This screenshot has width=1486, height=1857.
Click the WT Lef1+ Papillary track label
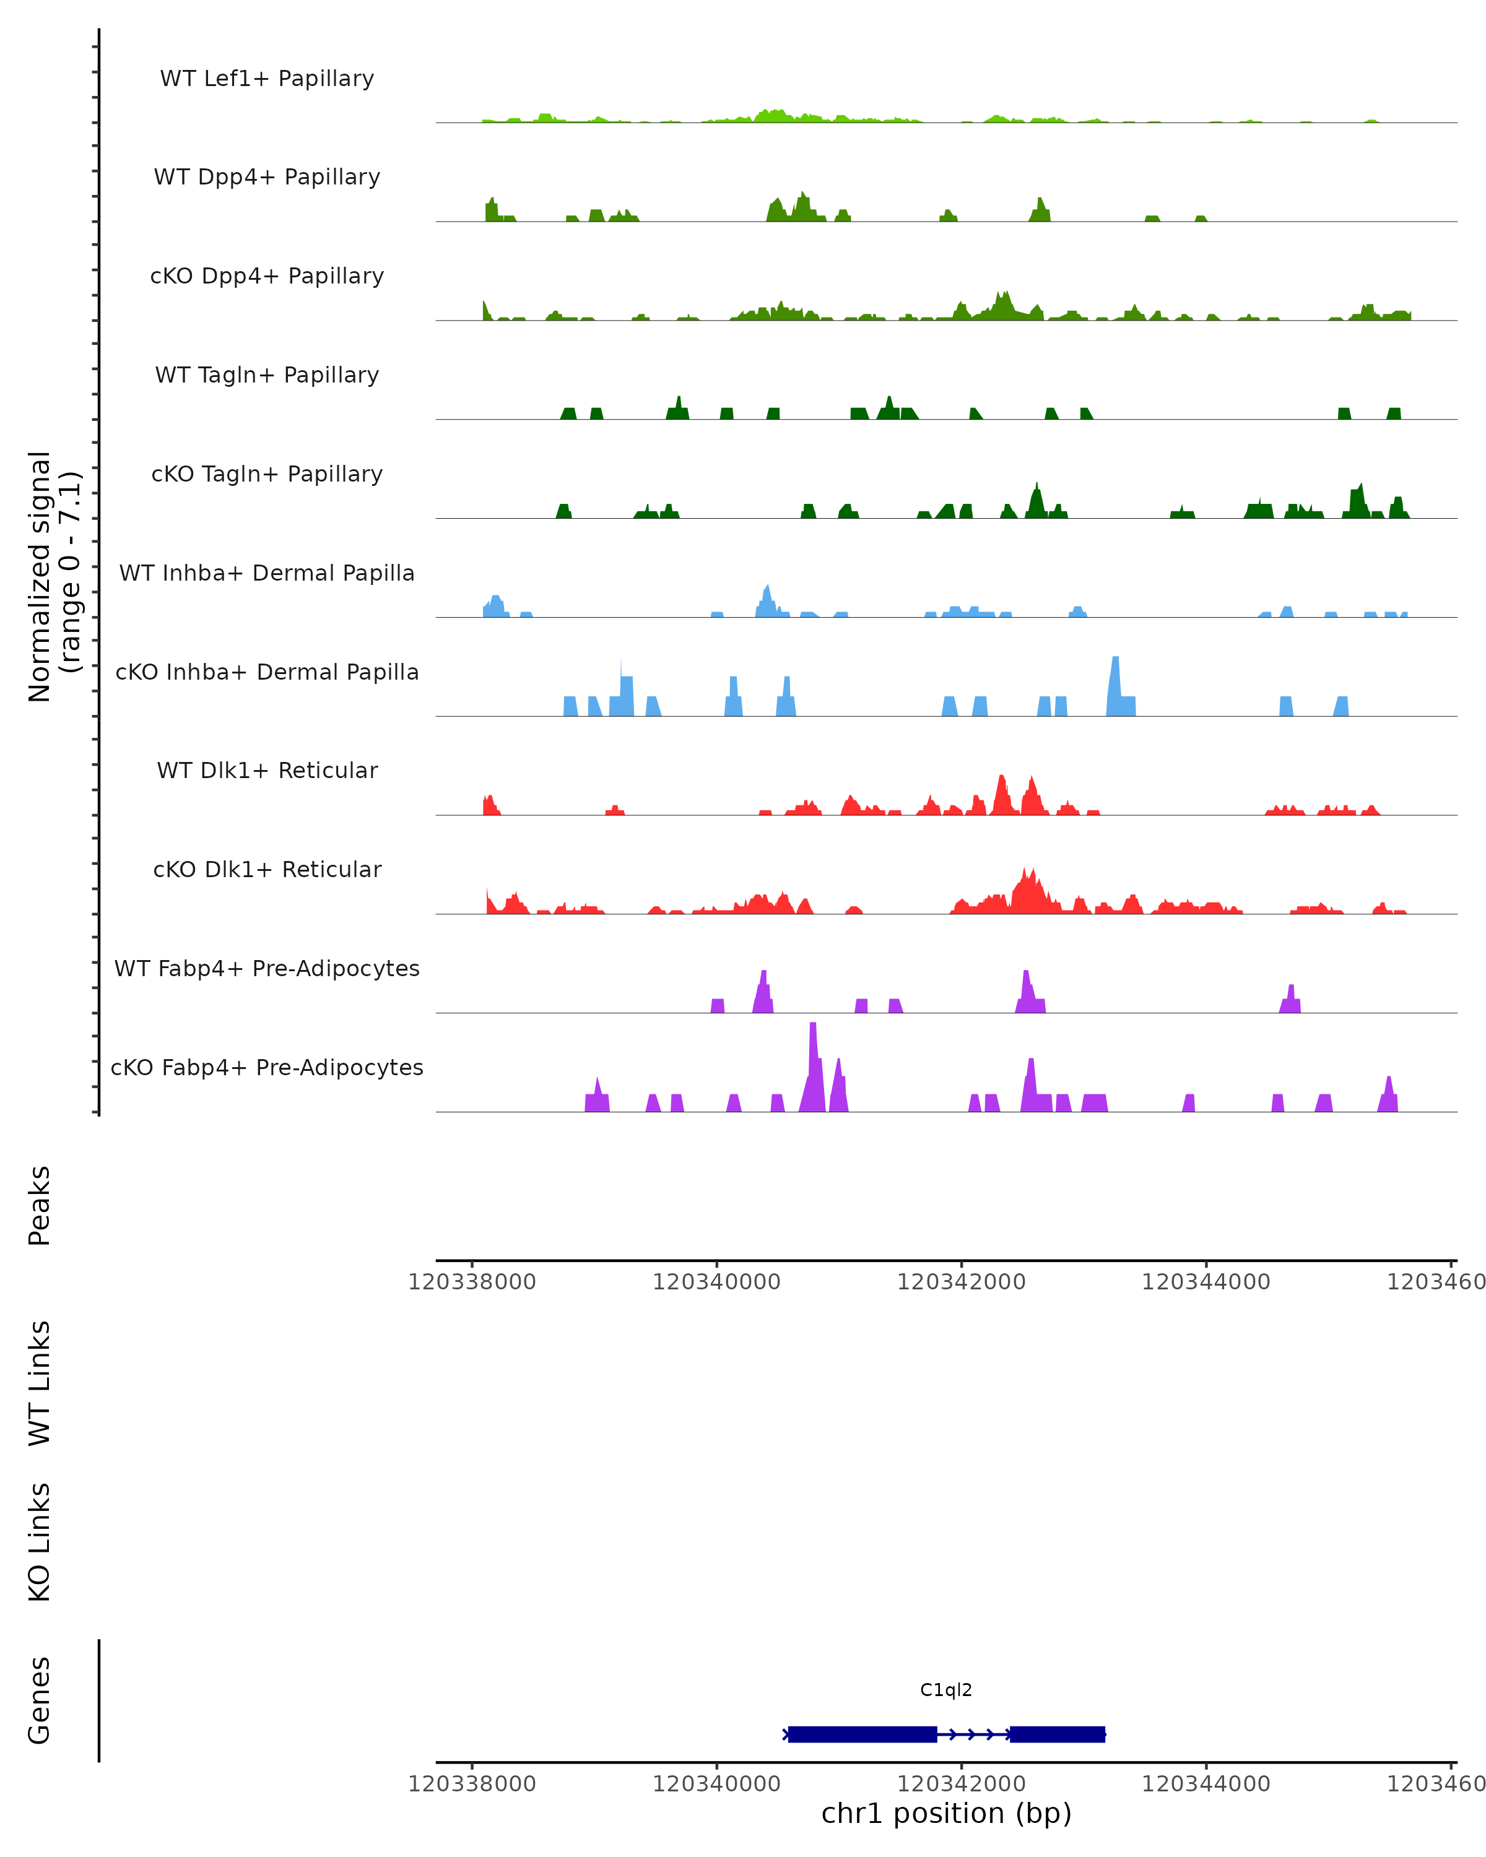pos(267,79)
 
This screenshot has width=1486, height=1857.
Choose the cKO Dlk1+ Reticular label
pos(267,869)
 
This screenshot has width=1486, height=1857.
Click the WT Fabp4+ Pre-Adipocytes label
pos(267,968)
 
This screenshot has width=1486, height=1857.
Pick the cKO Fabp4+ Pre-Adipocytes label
pos(267,1067)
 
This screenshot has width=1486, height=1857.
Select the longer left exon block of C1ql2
pos(861,1734)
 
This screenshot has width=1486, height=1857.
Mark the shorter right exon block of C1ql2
pos(1057,1734)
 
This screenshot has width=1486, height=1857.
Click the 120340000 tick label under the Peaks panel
pos(716,1282)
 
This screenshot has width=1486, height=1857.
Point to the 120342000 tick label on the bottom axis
pos(960,1784)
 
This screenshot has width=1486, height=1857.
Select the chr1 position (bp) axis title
pos(946,1814)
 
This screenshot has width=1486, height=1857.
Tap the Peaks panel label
pos(40,1205)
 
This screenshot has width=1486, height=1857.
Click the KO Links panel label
pos(40,1543)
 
